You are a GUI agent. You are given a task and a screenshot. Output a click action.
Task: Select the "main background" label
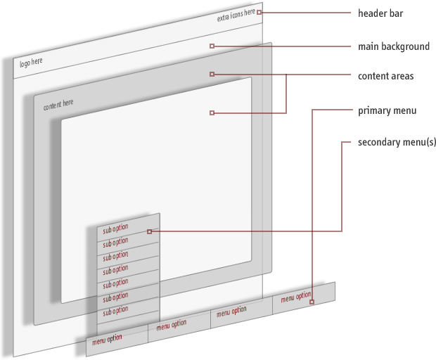tap(393, 47)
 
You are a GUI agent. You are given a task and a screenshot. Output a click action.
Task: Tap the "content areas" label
tap(385, 76)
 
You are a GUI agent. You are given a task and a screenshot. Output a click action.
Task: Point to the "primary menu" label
tap(387, 110)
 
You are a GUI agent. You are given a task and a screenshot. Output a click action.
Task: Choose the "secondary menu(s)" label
tap(397, 142)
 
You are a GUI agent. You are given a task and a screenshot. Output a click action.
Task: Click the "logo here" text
tap(31, 63)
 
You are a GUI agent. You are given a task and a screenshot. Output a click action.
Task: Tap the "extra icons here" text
tap(236, 15)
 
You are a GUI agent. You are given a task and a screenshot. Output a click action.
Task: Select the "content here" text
tap(58, 105)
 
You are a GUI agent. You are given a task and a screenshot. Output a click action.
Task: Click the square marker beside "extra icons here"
tap(259, 12)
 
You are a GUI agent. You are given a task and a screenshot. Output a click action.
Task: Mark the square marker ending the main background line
tap(212, 46)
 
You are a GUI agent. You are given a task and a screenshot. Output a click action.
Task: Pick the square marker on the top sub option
tap(149, 231)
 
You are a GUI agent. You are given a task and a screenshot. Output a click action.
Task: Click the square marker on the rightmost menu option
tap(311, 302)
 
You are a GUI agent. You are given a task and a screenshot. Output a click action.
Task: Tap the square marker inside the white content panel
tap(212, 112)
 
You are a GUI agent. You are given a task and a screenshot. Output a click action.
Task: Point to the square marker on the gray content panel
tap(212, 74)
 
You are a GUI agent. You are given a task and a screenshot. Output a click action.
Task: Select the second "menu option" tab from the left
tap(172, 324)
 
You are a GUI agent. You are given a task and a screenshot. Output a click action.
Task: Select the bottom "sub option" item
tap(116, 310)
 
